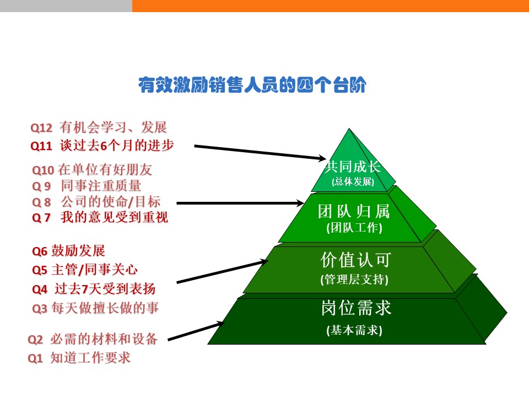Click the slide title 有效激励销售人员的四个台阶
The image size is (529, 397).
tap(252, 85)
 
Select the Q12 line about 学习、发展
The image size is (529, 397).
tap(99, 127)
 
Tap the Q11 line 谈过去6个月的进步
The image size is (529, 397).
tap(102, 146)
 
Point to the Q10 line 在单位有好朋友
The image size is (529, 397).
tap(92, 170)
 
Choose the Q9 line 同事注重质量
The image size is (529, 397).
tap(87, 186)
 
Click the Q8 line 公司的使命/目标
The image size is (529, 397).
tap(96, 202)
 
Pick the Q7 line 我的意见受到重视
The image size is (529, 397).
tap(100, 217)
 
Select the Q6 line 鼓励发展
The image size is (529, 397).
tap(68, 251)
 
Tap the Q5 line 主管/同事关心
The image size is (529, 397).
tap(85, 270)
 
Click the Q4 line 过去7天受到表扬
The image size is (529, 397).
tap(94, 289)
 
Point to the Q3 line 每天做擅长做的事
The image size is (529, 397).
tap(95, 308)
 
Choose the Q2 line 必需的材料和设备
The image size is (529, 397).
tap(93, 339)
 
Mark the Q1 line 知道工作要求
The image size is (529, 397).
tap(79, 358)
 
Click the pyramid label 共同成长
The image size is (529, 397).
tap(353, 167)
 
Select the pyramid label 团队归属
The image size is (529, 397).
tap(354, 211)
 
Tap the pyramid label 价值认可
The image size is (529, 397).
tap(355, 260)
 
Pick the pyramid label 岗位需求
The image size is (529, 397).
tap(356, 308)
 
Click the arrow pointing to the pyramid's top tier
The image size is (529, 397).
tap(260, 152)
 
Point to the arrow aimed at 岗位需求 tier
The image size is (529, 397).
tap(196, 331)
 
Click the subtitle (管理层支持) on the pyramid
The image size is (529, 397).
tap(354, 280)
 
